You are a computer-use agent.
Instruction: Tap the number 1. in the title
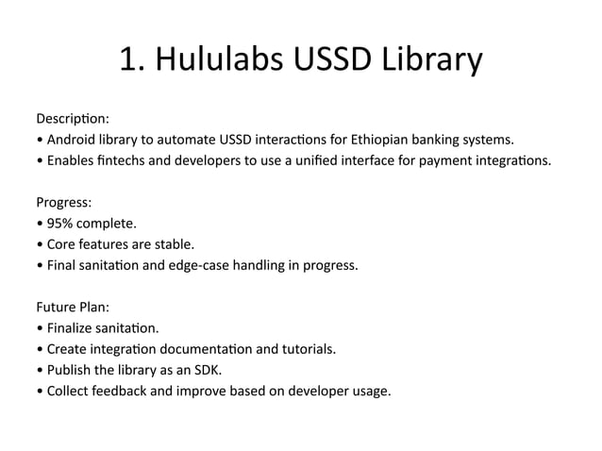(132, 62)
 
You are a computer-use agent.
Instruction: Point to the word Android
(69, 141)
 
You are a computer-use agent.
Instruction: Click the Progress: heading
(64, 203)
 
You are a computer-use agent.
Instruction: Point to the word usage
(369, 390)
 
